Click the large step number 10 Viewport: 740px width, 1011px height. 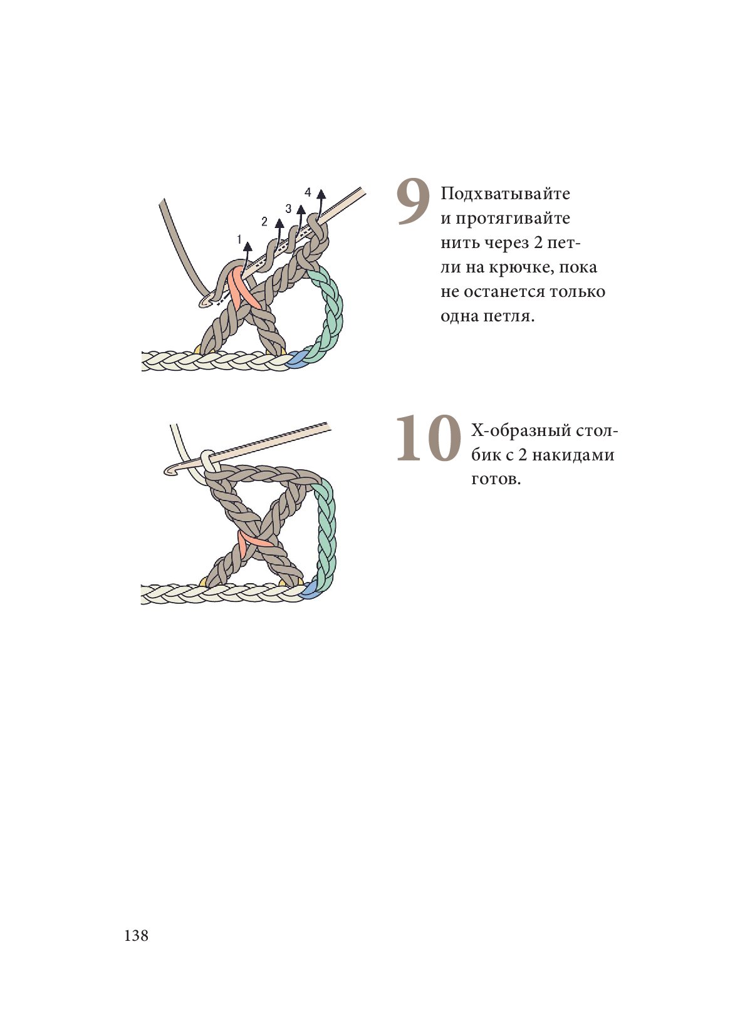pyautogui.click(x=428, y=438)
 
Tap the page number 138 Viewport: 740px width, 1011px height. pyautogui.click(x=137, y=935)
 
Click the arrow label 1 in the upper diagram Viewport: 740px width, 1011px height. pyautogui.click(x=239, y=239)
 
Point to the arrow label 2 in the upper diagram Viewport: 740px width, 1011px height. pyautogui.click(x=264, y=221)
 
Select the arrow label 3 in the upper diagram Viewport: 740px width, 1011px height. pyautogui.click(x=288, y=209)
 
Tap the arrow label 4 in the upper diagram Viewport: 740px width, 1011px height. pyautogui.click(x=308, y=192)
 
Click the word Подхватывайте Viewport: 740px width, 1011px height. pyautogui.click(x=505, y=195)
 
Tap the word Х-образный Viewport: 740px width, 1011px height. pyautogui.click(x=521, y=430)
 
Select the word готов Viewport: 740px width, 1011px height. pyautogui.click(x=496, y=479)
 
